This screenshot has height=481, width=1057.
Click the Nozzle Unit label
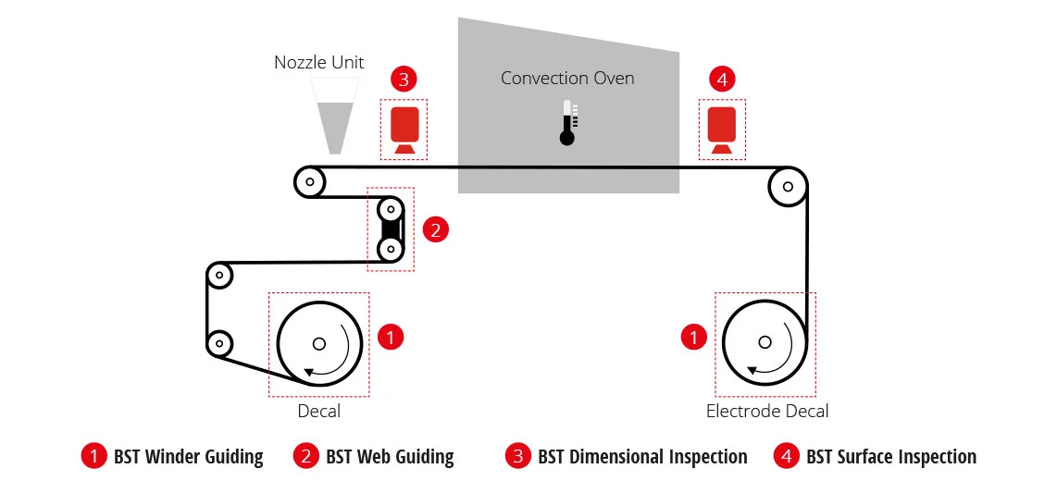pos(318,63)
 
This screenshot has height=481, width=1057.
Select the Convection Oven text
pos(567,78)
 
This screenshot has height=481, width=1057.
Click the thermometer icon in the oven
pos(567,123)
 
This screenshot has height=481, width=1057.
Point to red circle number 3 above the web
pos(404,80)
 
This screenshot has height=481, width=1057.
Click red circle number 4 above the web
pos(723,80)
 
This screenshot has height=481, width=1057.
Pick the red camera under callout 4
pos(721,129)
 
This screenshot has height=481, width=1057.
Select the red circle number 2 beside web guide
pos(435,230)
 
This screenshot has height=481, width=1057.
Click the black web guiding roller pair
pos(391,229)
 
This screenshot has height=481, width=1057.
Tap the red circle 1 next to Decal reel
pos(391,337)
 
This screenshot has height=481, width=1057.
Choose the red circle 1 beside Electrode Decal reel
pos(693,337)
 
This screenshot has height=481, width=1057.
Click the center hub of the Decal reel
pos(319,343)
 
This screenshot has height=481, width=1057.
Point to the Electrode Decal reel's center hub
pos(765,342)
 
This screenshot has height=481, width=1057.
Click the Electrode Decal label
pos(767,411)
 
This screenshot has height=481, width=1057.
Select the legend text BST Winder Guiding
pos(188,457)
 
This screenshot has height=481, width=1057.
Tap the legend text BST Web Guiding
pos(390,457)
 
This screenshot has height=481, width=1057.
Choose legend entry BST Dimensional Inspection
pos(642,457)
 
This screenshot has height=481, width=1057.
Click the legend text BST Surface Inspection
pos(891,457)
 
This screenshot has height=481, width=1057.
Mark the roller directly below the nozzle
pos(309,181)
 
